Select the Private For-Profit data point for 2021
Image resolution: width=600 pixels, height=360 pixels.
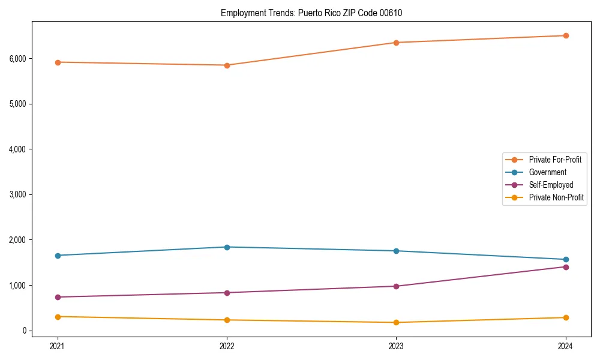pos(58,62)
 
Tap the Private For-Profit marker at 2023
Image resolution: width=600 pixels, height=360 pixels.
pos(397,43)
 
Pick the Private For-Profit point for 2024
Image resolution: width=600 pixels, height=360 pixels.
pos(566,35)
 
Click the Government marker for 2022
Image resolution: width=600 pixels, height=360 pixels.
pos(227,247)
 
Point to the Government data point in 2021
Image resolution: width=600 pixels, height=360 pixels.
pos(58,256)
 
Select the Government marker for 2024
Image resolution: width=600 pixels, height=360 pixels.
pos(566,260)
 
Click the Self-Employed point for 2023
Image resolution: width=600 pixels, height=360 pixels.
pos(397,286)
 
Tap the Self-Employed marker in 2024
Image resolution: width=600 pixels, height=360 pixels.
pos(566,267)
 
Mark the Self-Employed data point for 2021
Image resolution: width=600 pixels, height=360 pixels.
pos(58,297)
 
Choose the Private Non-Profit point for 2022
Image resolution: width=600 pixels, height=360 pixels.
pos(227,320)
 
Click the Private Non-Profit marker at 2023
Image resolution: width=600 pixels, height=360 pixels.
pos(397,323)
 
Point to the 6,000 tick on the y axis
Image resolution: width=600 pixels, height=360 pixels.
pos(17,59)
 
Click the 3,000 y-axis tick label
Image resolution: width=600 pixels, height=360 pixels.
pos(17,194)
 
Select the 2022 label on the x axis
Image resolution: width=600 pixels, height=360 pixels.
pos(227,346)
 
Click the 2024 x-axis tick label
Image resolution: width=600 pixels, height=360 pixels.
pos(566,346)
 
